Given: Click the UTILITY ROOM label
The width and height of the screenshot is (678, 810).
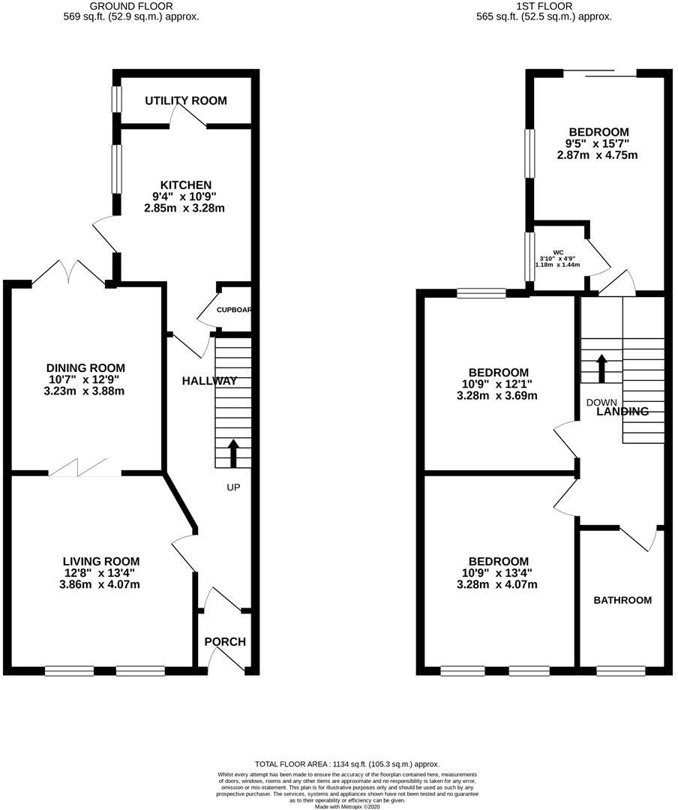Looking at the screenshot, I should (185, 100).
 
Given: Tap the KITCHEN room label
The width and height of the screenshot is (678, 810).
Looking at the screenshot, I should (185, 184).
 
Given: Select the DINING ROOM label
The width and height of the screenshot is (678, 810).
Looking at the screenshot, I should (85, 367).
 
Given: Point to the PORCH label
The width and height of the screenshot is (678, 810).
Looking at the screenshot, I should (225, 641).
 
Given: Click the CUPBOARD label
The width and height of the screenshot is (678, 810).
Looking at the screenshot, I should (233, 310).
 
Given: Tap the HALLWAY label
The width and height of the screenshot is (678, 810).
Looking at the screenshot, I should (209, 381).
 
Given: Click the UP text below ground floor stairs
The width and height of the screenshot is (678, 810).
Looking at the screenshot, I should (233, 487).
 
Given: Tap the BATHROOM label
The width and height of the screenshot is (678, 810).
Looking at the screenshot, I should (622, 600).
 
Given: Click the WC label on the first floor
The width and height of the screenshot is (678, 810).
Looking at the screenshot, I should (558, 252).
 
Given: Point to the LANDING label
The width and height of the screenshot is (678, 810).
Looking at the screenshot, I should (622, 411).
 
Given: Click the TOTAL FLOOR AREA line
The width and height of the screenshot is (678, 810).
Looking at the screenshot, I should (346, 763).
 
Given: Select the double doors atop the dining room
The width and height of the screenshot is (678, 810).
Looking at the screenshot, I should (70, 271).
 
